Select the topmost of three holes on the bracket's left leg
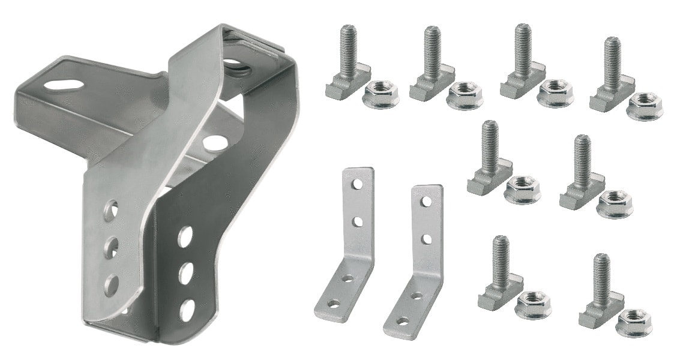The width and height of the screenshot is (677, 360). click(x=111, y=209)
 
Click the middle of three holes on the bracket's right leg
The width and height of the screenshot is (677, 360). click(x=185, y=272)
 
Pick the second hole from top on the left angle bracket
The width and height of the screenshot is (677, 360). click(x=357, y=223)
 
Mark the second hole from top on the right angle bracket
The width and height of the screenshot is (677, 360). click(x=426, y=239)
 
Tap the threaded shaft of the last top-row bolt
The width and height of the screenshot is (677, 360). click(x=612, y=56)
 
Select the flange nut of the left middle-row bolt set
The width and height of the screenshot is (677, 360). click(x=521, y=190)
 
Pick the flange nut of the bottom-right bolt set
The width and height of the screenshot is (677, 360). click(x=633, y=322)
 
